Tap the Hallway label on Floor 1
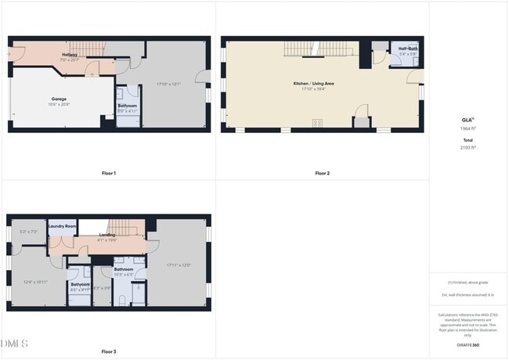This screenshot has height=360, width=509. click(70, 56)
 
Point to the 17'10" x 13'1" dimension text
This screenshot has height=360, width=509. click(168, 84)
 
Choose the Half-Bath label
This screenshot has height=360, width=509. click(407, 49)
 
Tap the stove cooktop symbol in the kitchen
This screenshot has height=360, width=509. click(317, 122)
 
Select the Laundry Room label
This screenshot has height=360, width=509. click(62, 226)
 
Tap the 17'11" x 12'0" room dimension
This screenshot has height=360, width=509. click(179, 265)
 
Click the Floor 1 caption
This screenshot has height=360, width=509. click(109, 173)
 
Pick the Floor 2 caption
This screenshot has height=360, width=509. click(322, 173)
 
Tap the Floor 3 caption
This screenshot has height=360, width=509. click(109, 352)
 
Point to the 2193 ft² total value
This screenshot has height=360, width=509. click(468, 147)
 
